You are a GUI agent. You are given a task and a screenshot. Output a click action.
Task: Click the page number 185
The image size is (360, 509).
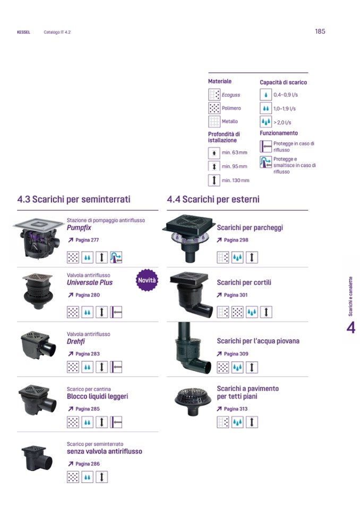(320, 31)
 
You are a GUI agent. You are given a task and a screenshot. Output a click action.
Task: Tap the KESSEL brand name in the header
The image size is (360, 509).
(23, 32)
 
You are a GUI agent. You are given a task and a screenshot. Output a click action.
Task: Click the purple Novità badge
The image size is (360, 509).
(147, 280)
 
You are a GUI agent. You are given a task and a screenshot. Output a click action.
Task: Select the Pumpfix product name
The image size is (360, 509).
(79, 228)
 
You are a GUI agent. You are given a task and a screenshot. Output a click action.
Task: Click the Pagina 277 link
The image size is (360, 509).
(83, 240)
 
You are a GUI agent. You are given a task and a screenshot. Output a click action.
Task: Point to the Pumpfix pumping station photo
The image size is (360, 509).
(38, 238)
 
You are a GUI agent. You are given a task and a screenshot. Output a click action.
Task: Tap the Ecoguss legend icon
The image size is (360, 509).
(214, 95)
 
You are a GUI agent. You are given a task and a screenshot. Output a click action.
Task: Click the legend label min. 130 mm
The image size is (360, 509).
(236, 180)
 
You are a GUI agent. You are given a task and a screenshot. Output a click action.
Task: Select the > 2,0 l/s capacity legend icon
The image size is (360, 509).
(266, 122)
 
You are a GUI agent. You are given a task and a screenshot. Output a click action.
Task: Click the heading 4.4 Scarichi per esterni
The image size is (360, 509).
(213, 199)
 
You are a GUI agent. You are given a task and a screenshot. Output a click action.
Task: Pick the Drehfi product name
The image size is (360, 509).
(76, 341)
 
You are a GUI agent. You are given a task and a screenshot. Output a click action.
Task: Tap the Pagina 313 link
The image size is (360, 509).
(232, 409)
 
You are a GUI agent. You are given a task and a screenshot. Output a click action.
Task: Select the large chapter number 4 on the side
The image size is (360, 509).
(351, 327)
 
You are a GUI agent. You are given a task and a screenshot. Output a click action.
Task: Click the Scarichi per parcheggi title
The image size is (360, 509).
(250, 228)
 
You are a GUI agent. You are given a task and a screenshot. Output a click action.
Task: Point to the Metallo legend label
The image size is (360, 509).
(230, 122)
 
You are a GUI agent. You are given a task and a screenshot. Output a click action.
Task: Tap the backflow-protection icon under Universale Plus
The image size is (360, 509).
(116, 312)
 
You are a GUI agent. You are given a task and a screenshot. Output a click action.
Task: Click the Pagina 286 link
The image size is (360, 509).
(83, 464)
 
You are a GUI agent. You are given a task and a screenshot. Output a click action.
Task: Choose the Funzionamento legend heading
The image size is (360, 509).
(279, 133)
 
